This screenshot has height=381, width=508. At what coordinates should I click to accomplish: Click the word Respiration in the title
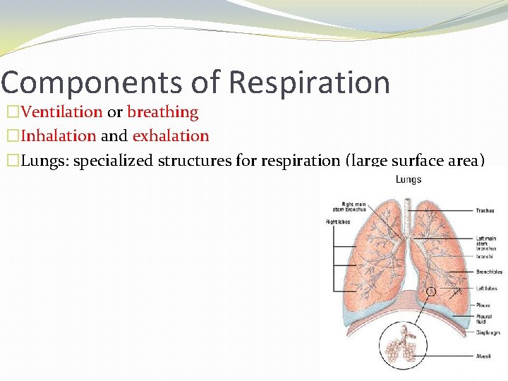click(310, 83)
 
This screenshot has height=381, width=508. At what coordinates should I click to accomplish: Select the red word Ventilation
click(61, 111)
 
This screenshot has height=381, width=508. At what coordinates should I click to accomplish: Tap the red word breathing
click(163, 111)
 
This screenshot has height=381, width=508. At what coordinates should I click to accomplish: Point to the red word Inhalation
click(59, 135)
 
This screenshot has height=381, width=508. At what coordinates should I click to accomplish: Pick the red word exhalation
click(171, 135)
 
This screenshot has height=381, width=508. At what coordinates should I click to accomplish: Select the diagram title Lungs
click(408, 179)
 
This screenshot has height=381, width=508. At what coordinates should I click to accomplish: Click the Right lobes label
click(338, 222)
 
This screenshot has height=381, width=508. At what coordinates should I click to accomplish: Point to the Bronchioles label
click(489, 271)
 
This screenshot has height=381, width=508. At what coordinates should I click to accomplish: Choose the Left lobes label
click(486, 288)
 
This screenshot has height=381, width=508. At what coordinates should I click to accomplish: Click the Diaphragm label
click(488, 332)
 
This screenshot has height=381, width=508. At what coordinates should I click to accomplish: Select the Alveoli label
click(483, 357)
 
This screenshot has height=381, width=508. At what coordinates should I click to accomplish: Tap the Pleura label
click(483, 306)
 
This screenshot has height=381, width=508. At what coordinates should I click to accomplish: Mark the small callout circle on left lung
click(431, 290)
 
